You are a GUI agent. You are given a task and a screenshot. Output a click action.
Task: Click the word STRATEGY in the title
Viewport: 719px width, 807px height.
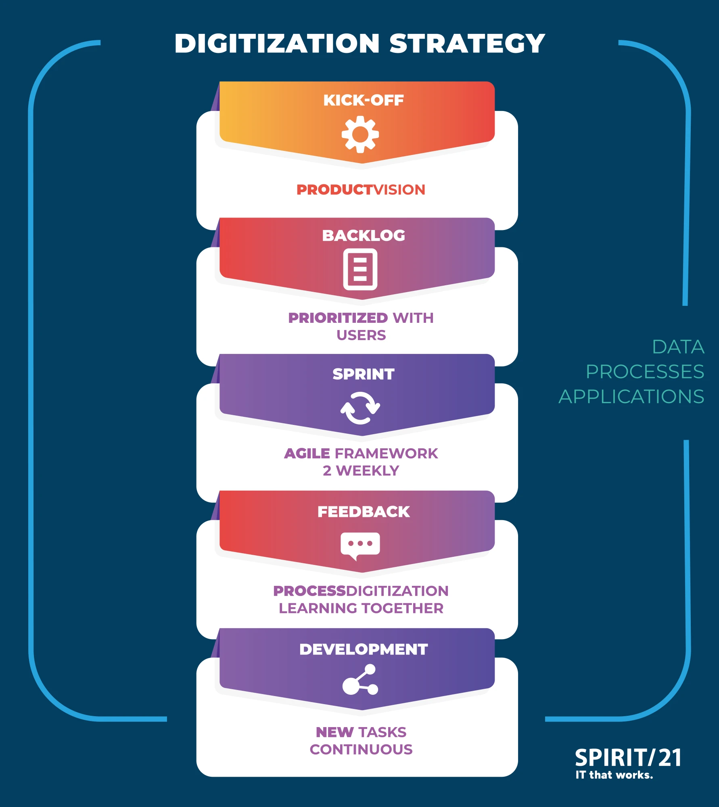point(467,44)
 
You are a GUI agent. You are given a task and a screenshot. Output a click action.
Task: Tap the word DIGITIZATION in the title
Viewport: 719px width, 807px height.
point(277,44)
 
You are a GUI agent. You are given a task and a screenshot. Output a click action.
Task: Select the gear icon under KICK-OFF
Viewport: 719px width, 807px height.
point(360,134)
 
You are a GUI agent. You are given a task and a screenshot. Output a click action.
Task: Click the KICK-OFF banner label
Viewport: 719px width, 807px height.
point(363,100)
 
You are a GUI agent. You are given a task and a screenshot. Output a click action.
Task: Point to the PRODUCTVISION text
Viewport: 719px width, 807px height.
point(361,190)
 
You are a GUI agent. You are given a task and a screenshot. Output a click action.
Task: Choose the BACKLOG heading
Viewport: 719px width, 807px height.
point(363,236)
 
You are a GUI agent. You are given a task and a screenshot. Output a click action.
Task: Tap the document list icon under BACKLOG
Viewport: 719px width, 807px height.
point(360,269)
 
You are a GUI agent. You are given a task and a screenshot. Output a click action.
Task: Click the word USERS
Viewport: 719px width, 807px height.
point(361,335)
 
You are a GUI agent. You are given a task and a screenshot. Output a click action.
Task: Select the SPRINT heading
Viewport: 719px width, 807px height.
point(363,374)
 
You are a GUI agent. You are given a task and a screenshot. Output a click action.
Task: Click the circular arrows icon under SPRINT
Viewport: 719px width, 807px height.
point(360,408)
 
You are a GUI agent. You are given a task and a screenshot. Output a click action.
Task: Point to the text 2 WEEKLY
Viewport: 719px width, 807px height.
point(361,471)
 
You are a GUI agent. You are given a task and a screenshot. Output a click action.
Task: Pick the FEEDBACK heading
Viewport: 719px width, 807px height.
point(363,512)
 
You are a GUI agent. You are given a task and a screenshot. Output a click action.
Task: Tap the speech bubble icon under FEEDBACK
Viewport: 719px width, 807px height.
point(360,545)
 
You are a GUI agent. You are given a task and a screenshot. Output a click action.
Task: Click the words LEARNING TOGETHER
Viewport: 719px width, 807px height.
point(361,608)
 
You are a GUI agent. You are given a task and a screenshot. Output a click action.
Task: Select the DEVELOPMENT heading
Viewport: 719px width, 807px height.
point(363,649)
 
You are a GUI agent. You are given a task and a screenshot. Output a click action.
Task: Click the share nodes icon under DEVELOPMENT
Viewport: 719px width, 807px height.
point(360,680)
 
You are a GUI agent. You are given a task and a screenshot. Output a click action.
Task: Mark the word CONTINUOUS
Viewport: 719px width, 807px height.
point(361,750)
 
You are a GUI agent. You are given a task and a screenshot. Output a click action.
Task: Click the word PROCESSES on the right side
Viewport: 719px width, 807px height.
point(645,372)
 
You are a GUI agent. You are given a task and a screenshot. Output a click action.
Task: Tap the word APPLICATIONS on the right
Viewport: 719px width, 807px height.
point(631,397)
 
